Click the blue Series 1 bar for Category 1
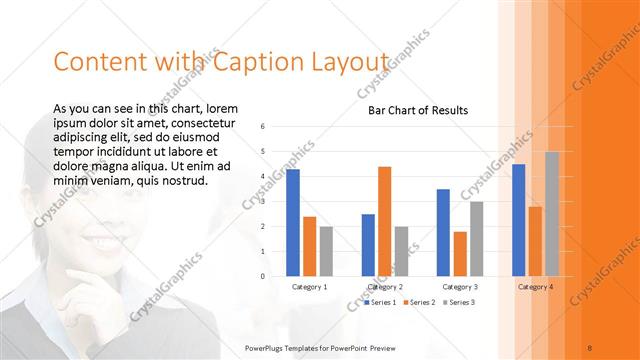point(293,222)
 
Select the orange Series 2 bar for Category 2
point(385,221)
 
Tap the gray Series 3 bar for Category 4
point(551,214)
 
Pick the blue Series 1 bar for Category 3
point(444,232)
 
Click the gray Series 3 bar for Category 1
point(326,251)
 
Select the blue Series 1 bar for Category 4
point(519,220)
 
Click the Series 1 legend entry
point(381,301)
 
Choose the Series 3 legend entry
point(458,301)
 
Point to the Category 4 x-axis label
point(535,287)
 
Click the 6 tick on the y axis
point(261,127)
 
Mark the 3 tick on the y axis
point(261,202)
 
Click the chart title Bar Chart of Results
point(412,110)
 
